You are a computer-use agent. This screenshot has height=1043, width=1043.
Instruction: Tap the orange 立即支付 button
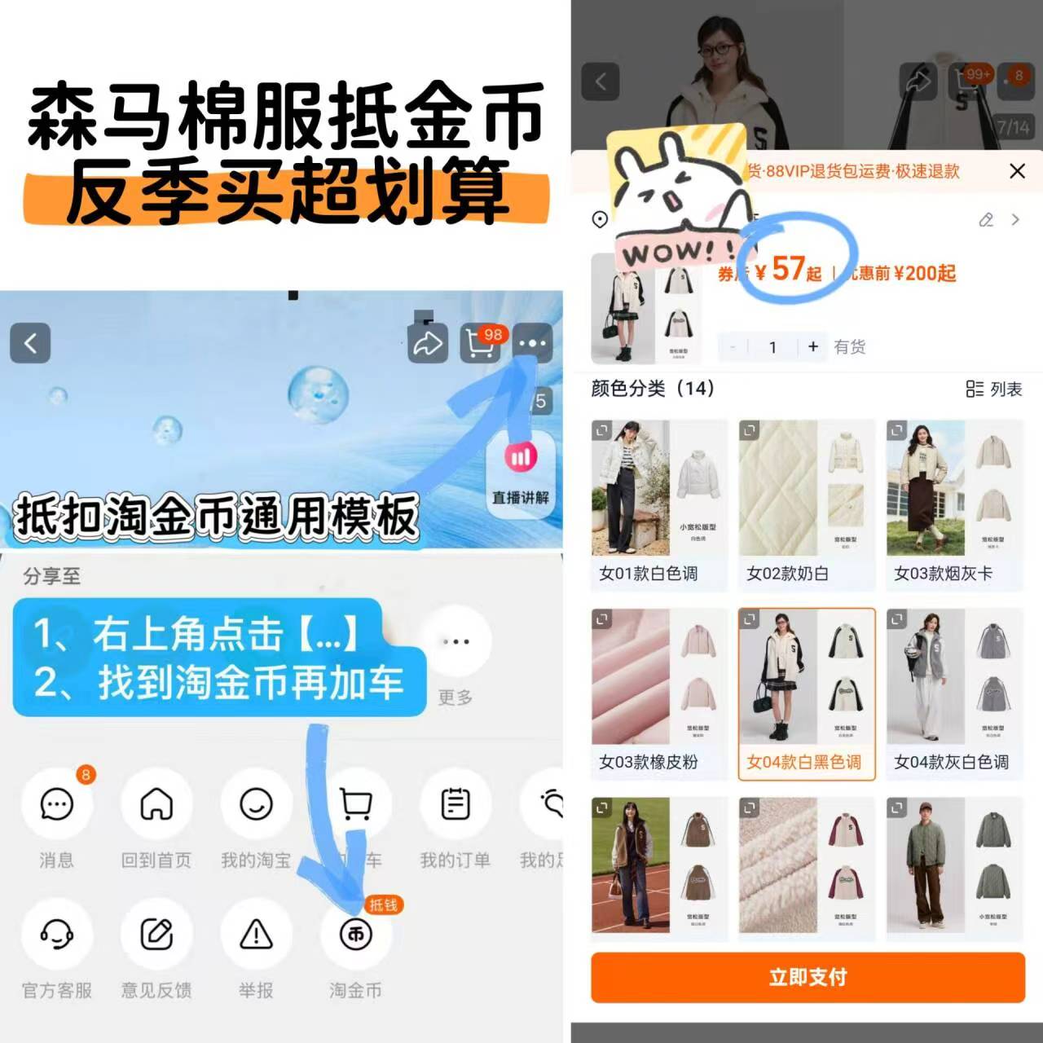pyautogui.click(x=808, y=977)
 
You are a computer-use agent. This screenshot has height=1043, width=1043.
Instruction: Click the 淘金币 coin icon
pyautogui.click(x=356, y=934)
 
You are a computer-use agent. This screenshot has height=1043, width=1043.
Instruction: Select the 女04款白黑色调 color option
pyautogui.click(x=806, y=693)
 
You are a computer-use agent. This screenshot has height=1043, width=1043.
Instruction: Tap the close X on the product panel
pyautogui.click(x=1017, y=171)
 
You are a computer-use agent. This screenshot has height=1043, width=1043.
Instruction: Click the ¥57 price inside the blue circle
pyautogui.click(x=788, y=269)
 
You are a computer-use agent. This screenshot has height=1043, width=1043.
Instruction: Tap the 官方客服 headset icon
pyautogui.click(x=56, y=934)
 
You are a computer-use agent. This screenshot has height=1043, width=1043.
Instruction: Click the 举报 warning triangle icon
pyautogui.click(x=256, y=934)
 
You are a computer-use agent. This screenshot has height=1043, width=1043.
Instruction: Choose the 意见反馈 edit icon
pyautogui.click(x=156, y=934)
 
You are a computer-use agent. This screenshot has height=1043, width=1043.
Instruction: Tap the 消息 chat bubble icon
pyautogui.click(x=56, y=804)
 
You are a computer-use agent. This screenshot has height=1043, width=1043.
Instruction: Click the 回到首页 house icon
pyautogui.click(x=156, y=804)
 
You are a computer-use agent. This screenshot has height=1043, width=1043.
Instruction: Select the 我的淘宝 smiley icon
pyautogui.click(x=256, y=804)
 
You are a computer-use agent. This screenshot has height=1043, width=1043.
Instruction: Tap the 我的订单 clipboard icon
pyautogui.click(x=455, y=804)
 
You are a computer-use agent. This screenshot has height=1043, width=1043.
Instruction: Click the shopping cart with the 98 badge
pyautogui.click(x=481, y=343)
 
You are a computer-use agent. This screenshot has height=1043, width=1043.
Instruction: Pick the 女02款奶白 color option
pyautogui.click(x=806, y=504)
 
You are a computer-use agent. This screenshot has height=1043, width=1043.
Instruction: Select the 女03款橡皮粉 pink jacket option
pyautogui.click(x=658, y=693)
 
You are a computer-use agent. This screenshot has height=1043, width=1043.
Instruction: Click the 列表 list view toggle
pyautogui.click(x=993, y=389)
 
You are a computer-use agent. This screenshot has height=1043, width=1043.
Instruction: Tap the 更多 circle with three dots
pyautogui.click(x=455, y=642)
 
